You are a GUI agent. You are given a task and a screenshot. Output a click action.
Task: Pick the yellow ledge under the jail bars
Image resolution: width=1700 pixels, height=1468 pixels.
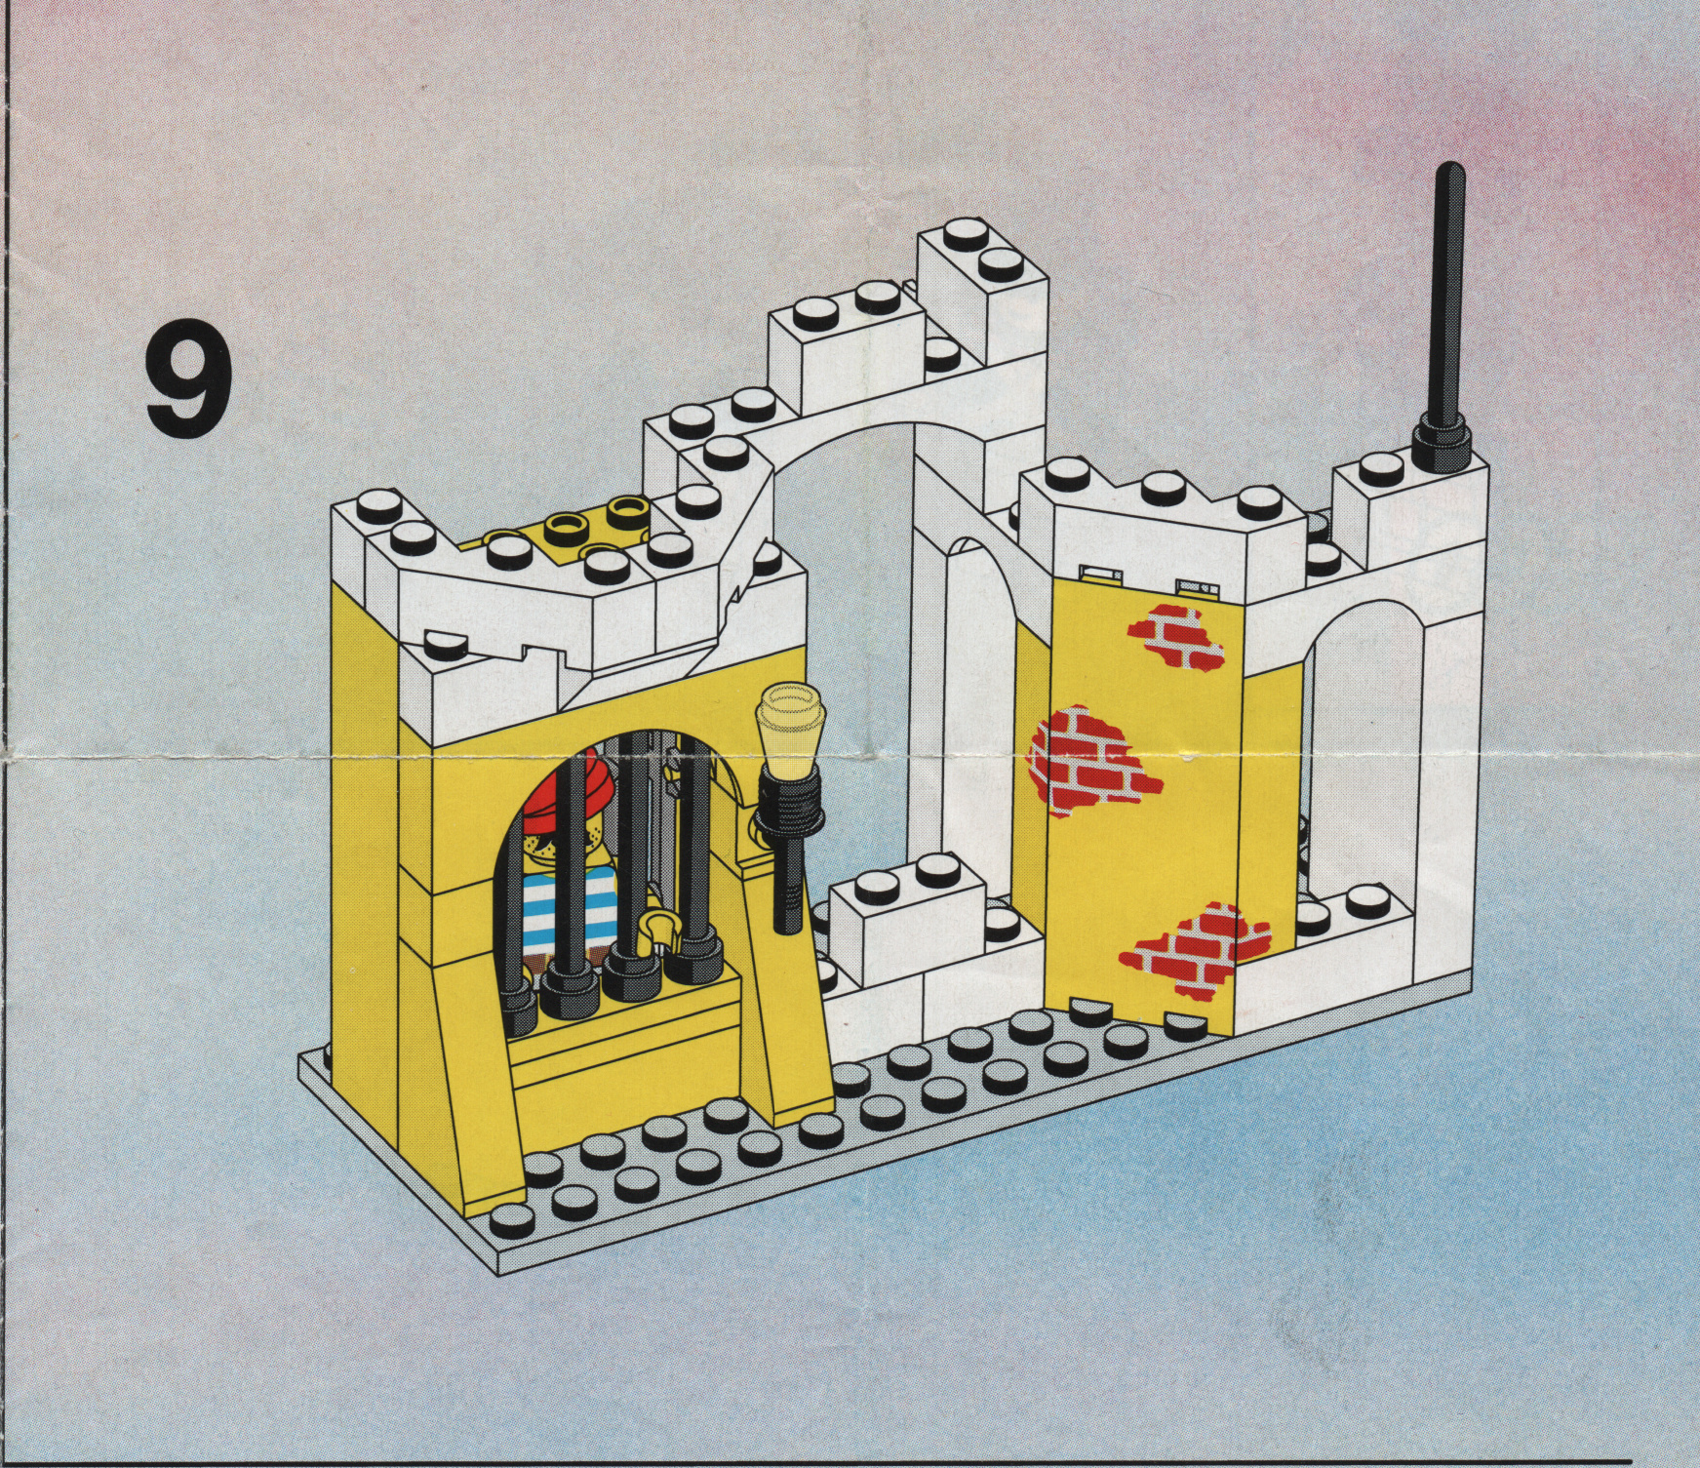pyautogui.click(x=624, y=1034)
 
